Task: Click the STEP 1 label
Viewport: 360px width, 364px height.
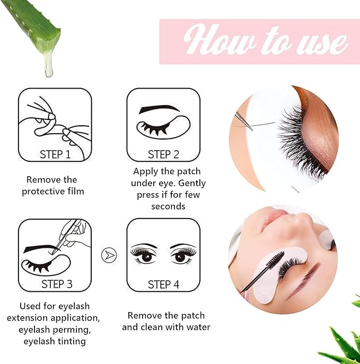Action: tap(55, 154)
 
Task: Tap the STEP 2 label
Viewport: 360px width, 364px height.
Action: tap(163, 154)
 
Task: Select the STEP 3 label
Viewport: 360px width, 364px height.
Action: tap(57, 284)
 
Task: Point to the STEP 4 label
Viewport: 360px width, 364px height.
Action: tap(163, 284)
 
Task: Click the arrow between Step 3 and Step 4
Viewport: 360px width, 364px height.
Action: tap(108, 255)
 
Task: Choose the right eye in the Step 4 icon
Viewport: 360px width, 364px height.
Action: tap(183, 256)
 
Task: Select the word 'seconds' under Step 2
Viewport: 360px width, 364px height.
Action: tap(168, 206)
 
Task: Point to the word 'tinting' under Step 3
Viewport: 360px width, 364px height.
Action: tap(71, 341)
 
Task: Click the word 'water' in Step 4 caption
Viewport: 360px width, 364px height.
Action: tap(197, 327)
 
